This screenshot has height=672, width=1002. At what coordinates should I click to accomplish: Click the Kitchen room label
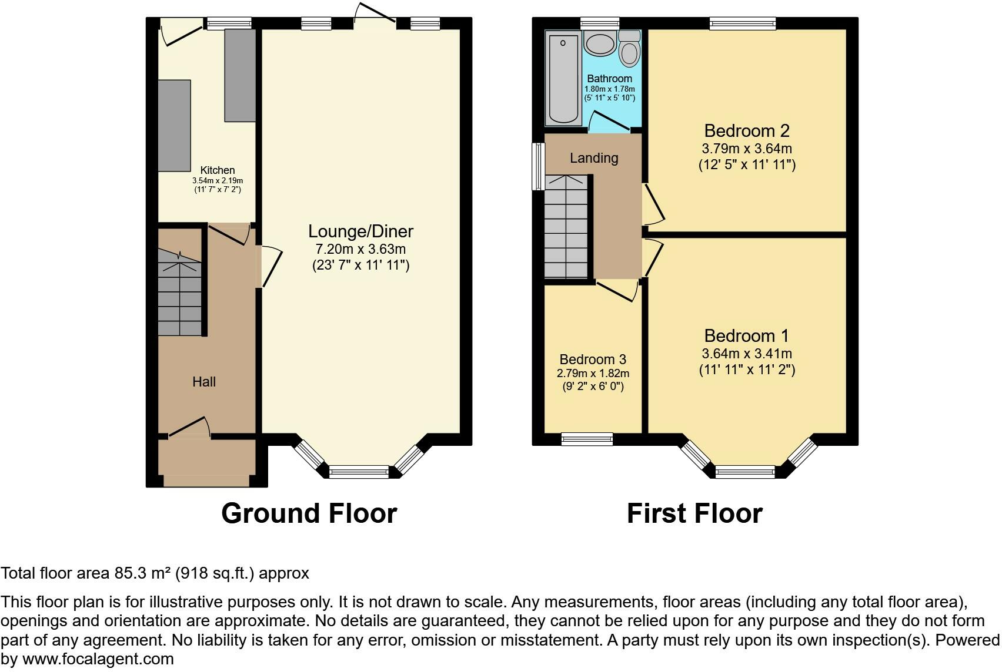coord(218,170)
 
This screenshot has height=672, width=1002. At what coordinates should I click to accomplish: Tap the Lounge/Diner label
coord(360,231)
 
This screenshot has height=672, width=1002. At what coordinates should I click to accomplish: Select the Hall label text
coord(204,382)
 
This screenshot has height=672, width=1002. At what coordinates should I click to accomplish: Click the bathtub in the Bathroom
coord(563,78)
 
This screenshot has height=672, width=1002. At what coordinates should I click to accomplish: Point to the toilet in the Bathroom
coord(629,48)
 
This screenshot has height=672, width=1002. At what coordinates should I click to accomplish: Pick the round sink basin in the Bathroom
coord(600,43)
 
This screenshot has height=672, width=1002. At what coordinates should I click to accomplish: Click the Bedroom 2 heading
coord(747,131)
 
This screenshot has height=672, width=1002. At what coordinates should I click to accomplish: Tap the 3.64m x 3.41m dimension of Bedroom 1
coord(747,354)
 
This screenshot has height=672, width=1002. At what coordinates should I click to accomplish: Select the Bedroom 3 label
coord(593,359)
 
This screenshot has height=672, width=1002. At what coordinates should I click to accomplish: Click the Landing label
coord(594,158)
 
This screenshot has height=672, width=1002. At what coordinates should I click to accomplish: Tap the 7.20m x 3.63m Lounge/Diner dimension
coord(360,249)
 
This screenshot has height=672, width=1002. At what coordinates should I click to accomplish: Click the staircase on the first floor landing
coord(566,227)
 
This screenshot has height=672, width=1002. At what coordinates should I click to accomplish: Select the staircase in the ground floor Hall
coord(180,292)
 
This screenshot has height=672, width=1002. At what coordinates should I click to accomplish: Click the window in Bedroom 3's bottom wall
coord(587,439)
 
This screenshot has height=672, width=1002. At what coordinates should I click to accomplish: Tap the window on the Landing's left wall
coord(539,166)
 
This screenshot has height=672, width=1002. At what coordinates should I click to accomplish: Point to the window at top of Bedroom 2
coord(742,23)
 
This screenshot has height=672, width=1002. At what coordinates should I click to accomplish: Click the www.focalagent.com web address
coord(98,659)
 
